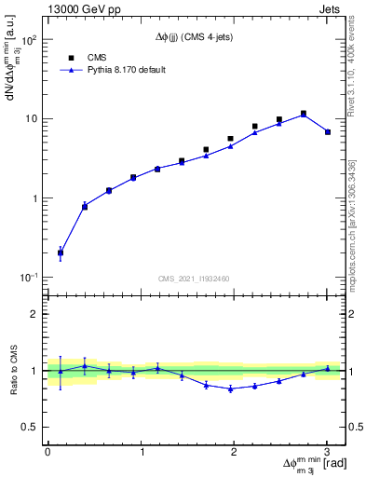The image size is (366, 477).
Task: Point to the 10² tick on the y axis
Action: (x=30, y=41)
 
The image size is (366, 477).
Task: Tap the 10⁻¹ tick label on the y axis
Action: (x=30, y=278)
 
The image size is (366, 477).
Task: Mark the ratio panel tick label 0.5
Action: (x=33, y=427)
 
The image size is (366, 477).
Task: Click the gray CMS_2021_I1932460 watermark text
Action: (x=194, y=278)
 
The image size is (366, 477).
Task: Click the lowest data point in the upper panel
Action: (x=61, y=252)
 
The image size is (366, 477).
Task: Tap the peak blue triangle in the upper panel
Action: (x=304, y=115)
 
